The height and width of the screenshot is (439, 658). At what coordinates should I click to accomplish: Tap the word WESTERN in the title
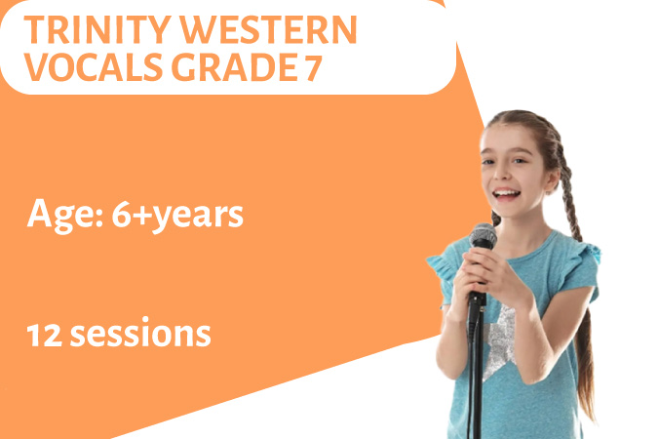269,30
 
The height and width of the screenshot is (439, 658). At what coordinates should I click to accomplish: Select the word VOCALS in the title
94,67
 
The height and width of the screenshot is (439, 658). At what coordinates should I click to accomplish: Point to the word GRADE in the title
234,67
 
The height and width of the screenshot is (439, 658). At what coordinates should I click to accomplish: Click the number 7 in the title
313,67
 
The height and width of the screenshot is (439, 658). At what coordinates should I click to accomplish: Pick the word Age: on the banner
65,215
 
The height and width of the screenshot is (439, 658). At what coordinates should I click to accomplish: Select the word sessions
140,334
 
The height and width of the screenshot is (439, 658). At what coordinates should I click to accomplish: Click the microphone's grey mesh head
483,236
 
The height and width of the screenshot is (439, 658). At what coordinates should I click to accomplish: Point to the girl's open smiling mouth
506,194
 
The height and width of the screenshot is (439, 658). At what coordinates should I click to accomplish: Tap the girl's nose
498,176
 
